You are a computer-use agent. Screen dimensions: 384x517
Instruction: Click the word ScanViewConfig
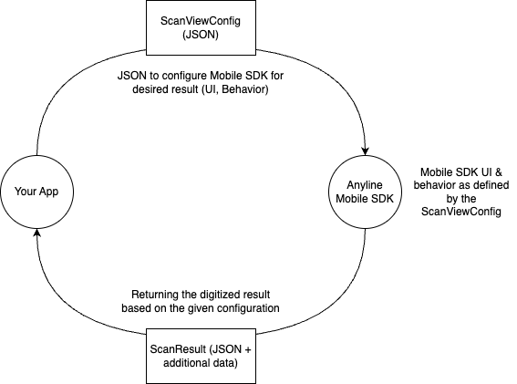(201, 20)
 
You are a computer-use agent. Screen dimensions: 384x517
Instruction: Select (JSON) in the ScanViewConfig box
(201, 34)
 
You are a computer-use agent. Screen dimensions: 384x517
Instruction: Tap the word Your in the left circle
(26, 192)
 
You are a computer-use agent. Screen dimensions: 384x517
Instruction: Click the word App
(48, 192)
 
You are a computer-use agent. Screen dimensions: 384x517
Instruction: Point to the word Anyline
(364, 185)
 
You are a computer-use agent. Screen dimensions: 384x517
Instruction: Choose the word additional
(187, 364)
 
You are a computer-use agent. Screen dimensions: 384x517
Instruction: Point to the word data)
(225, 364)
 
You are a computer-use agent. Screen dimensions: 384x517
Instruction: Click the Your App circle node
(36, 192)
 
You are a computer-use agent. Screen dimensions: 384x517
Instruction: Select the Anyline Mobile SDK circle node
(364, 192)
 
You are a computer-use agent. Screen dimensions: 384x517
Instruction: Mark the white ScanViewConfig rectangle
(201, 27)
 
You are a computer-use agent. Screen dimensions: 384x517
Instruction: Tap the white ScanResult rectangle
(201, 357)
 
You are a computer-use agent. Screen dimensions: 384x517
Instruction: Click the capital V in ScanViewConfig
(189, 20)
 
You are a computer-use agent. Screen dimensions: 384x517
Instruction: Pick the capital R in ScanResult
(179, 350)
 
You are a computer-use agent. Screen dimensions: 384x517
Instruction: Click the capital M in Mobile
(341, 199)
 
